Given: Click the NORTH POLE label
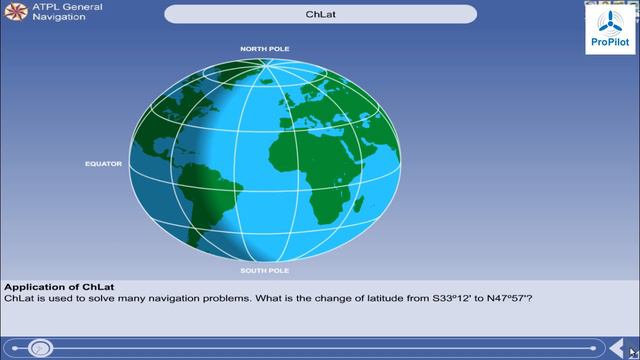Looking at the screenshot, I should tap(265, 48).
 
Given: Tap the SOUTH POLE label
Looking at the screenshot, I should tap(265, 270).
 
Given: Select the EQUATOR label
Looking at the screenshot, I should tap(103, 163).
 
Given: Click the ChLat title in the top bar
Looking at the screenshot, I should tap(320, 15).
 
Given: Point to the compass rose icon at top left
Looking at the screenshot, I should tap(14, 13).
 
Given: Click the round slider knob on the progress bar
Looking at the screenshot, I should tap(40, 348).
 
